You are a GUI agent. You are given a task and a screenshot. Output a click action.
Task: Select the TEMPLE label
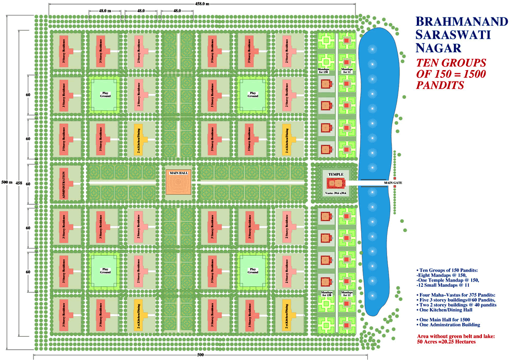(335, 174)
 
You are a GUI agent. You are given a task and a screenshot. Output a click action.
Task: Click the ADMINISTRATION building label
(64, 185)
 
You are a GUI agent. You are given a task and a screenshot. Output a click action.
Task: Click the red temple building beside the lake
(335, 183)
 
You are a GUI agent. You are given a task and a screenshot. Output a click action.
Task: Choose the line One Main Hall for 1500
(443, 320)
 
